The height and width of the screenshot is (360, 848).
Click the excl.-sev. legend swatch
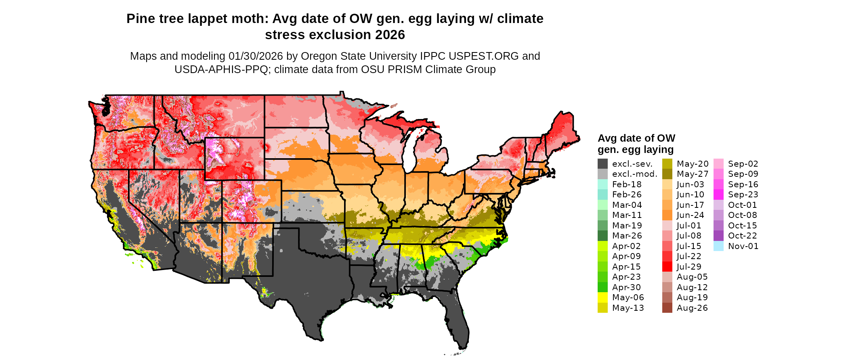click(x=602, y=164)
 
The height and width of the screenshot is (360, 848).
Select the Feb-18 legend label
click(x=627, y=184)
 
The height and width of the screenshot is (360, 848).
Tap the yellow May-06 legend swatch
click(x=602, y=297)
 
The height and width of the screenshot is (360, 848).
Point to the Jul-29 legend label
click(x=689, y=267)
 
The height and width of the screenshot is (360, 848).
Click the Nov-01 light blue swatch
click(x=718, y=246)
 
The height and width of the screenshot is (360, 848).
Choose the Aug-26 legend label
click(x=692, y=308)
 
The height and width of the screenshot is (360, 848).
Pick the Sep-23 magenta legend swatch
click(x=718, y=195)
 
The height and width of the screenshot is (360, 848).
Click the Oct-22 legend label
click(x=742, y=236)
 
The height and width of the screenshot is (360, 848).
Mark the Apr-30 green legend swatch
click(x=602, y=287)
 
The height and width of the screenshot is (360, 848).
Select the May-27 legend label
click(x=693, y=174)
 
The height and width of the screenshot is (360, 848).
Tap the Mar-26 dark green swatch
click(x=602, y=236)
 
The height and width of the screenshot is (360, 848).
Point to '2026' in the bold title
click(x=390, y=35)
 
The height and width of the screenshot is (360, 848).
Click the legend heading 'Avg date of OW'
click(x=636, y=138)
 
